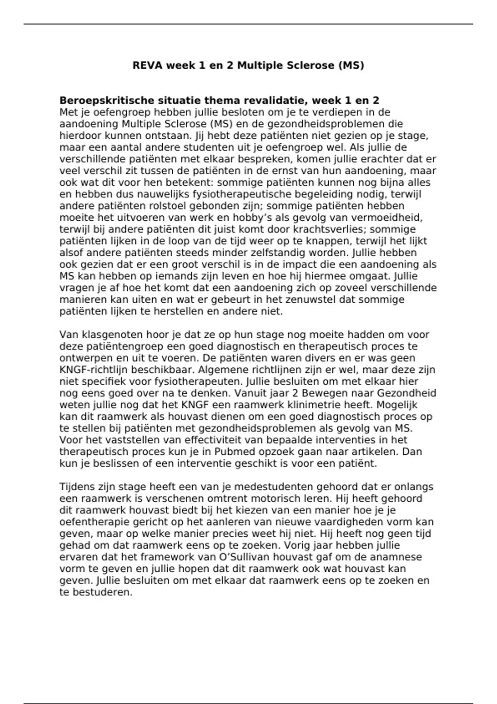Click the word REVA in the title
point(147,65)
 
